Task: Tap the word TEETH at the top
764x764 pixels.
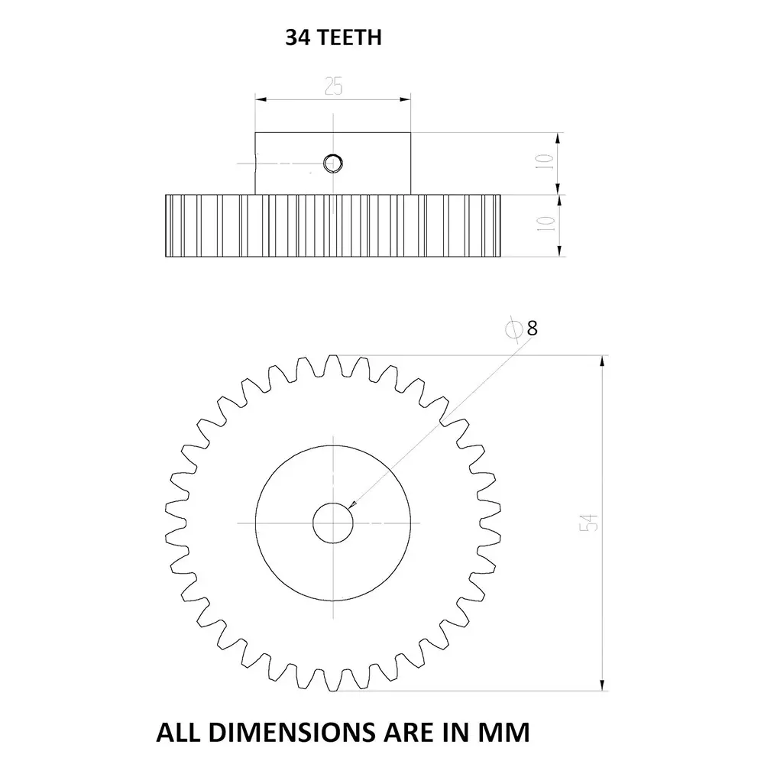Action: (348, 37)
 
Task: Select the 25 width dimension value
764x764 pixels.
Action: (333, 86)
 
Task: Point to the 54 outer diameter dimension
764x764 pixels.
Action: (589, 523)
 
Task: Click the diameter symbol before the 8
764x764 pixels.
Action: (514, 329)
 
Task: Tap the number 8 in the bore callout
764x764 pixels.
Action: (532, 329)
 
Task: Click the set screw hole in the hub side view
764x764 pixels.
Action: (333, 162)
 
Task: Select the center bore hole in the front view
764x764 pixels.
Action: (333, 523)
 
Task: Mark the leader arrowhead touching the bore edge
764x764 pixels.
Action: (351, 504)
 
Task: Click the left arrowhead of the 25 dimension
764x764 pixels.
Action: (261, 99)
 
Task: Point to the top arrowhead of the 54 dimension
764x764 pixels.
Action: (604, 361)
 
